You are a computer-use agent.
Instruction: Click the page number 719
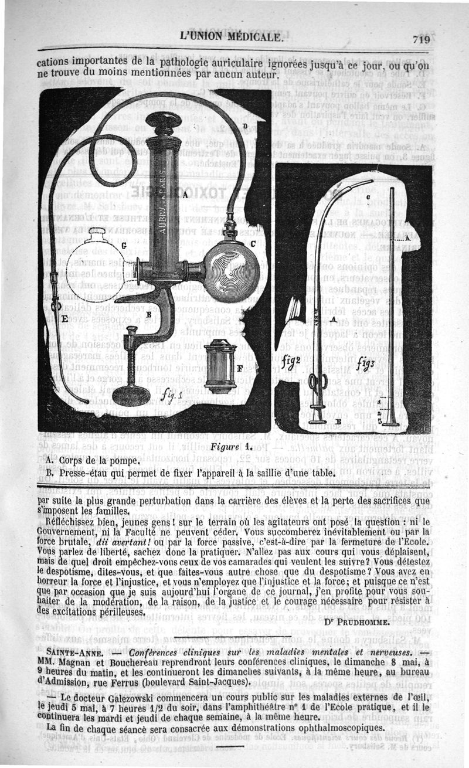click(x=421, y=39)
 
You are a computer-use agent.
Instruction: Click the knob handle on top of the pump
click(x=164, y=123)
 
